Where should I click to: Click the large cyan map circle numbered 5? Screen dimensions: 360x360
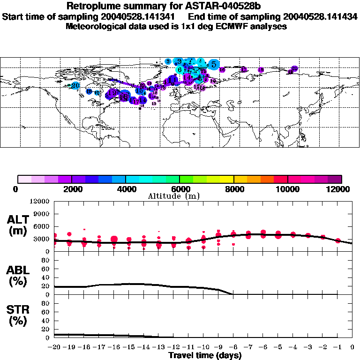pos(214,64)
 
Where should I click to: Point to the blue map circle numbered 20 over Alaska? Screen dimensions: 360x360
pos(75,85)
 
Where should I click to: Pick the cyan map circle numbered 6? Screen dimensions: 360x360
pos(180,69)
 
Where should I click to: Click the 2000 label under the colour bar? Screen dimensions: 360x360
pos(71,189)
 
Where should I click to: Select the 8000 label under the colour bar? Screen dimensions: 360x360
pos(233,189)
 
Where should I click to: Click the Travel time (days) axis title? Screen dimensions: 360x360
pos(205,356)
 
